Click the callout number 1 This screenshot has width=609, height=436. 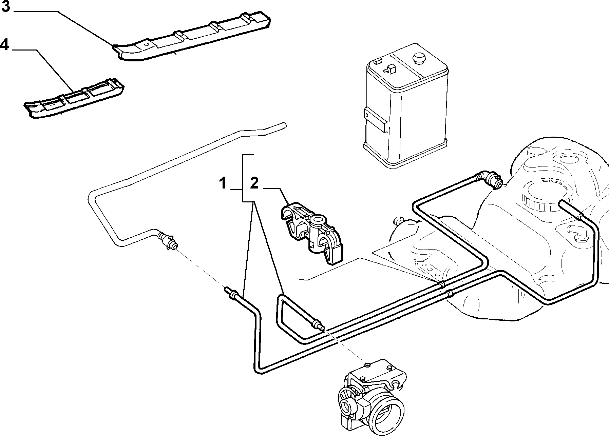point(222,184)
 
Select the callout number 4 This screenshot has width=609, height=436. point(4,45)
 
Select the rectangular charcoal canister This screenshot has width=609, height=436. point(406,106)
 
